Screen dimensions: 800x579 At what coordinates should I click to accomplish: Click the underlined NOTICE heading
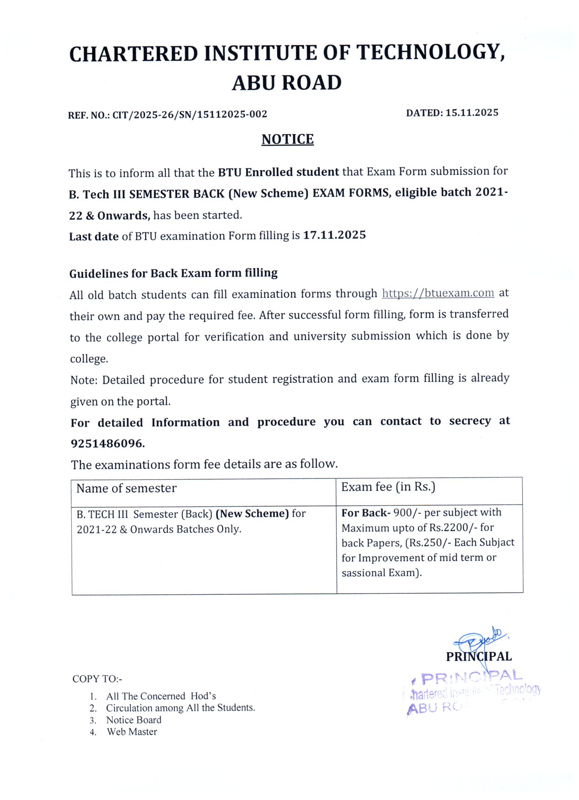(x=287, y=139)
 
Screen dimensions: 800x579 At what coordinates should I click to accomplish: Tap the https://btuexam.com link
(x=438, y=293)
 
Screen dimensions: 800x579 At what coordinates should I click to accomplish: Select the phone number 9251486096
(x=107, y=444)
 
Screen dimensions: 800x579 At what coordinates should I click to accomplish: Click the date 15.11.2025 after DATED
(x=472, y=113)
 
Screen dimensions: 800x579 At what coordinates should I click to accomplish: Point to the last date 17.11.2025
(x=334, y=235)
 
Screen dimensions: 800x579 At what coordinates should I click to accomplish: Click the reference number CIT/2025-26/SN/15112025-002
(x=190, y=114)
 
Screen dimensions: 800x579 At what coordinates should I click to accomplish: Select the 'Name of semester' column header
(x=126, y=488)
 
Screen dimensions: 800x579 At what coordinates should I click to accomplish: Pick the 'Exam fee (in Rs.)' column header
(x=388, y=487)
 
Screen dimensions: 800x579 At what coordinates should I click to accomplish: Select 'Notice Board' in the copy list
(x=133, y=720)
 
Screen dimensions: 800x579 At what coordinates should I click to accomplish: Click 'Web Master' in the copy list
(x=132, y=732)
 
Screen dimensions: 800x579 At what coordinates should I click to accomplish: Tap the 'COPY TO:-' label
(x=97, y=679)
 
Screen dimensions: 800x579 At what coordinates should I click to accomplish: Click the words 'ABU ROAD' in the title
(x=287, y=83)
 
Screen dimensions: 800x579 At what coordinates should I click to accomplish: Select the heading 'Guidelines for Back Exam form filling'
(x=173, y=273)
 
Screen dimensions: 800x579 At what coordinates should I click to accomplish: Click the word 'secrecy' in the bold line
(x=470, y=421)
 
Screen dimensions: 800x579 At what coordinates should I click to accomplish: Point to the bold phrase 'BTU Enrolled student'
(x=278, y=172)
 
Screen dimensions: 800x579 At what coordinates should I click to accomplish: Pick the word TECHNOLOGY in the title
(x=430, y=53)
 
